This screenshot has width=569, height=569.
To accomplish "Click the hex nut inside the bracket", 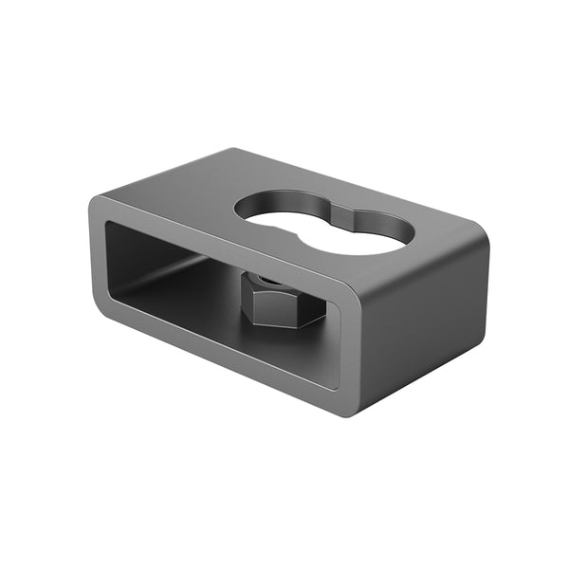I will (283, 301).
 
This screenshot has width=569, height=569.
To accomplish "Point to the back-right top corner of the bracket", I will (480, 237).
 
